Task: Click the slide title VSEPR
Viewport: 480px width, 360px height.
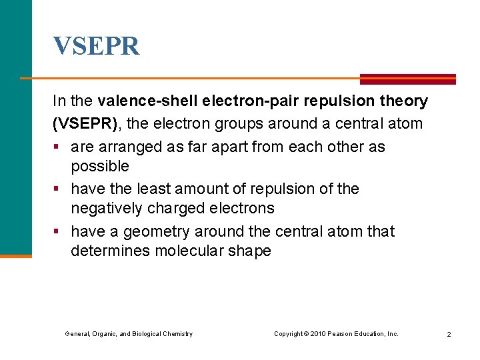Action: click(97, 46)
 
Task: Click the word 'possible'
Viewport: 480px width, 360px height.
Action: click(100, 165)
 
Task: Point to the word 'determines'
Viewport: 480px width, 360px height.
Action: click(110, 251)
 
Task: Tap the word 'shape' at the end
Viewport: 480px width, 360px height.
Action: click(250, 251)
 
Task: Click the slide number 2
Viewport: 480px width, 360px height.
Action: click(449, 334)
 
